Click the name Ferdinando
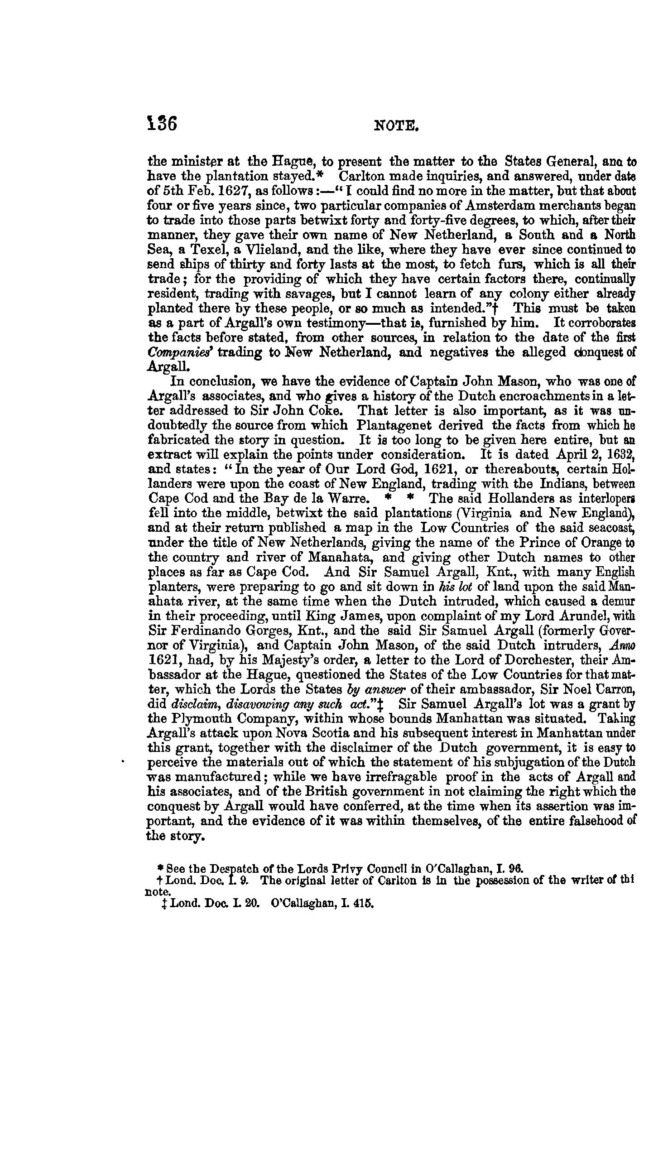click(x=214, y=631)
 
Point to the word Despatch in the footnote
click(x=224, y=868)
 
